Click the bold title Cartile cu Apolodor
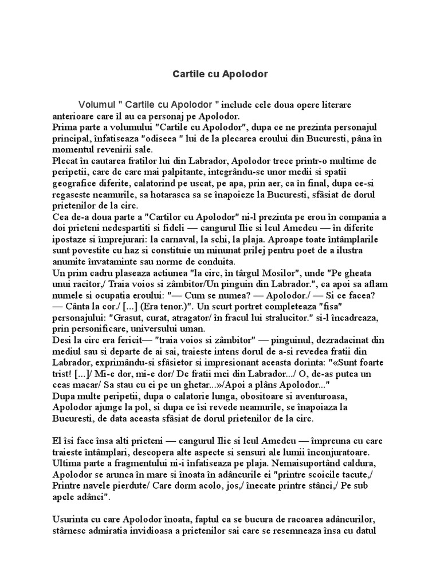221,74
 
